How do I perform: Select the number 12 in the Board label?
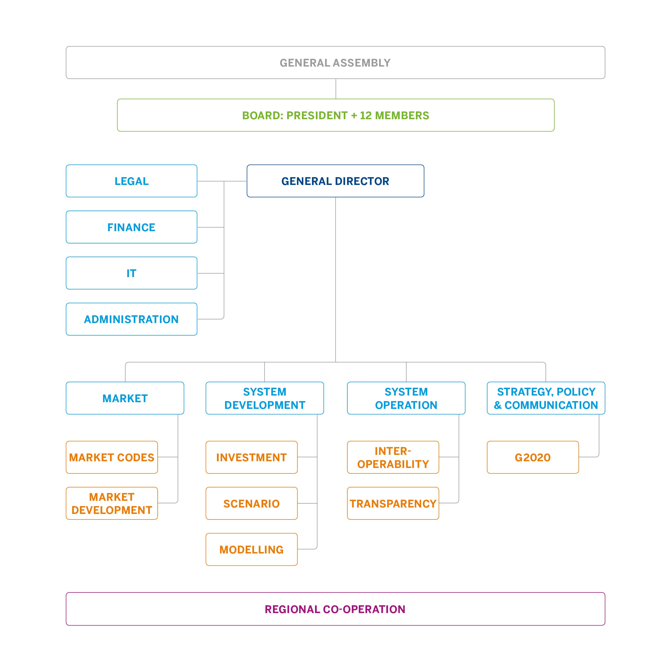(365, 116)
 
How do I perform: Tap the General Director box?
(335, 181)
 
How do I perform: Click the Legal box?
(131, 181)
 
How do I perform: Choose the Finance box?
(131, 227)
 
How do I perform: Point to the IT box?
(131, 273)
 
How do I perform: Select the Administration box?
(131, 319)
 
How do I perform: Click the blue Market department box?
(125, 398)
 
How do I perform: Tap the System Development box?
(265, 398)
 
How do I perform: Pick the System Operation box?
(406, 398)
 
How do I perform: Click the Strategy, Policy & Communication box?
(546, 398)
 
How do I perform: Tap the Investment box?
(252, 457)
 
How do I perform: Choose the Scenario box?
(252, 504)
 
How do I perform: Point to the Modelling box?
(252, 550)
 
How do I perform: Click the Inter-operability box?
(393, 457)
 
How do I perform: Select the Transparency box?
(393, 504)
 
